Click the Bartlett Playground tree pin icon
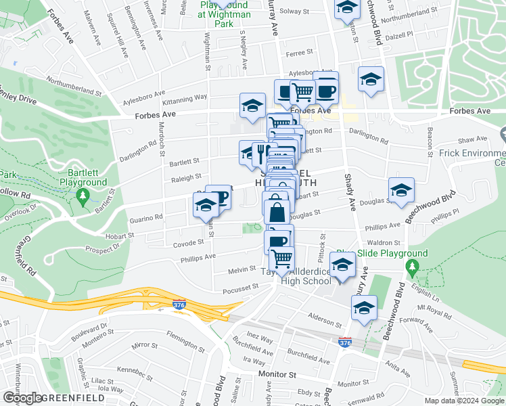point(83,196)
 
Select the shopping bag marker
point(277,211)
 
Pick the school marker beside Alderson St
point(364,307)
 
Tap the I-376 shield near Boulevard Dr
point(179,304)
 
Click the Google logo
point(22,398)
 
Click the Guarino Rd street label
point(145,217)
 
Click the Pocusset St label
point(241,287)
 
